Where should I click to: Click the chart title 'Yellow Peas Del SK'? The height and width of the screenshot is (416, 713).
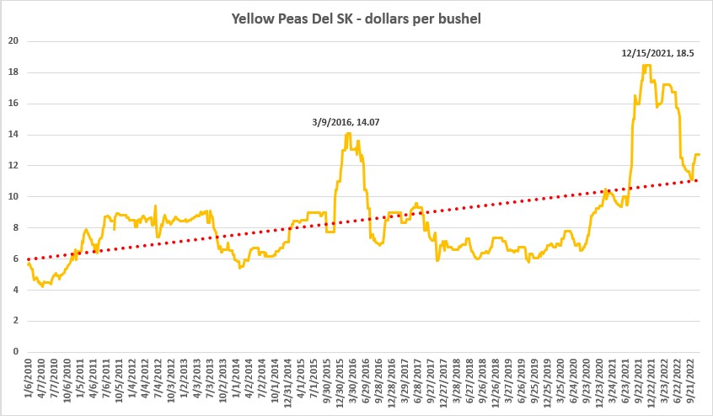pos(356,19)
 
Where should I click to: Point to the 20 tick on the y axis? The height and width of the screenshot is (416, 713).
pos(14,41)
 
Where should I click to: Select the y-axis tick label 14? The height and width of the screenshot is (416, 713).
pos(14,135)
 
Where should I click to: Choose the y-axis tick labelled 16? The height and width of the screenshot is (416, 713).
pos(14,104)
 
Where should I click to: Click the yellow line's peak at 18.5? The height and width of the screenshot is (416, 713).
pos(646,65)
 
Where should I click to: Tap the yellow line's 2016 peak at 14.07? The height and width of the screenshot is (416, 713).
pos(347,133)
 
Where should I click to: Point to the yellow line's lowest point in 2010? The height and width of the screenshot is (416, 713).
pos(42,286)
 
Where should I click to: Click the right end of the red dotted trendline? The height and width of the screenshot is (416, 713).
pos(698,179)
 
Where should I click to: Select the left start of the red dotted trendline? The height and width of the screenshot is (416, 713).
pos(29,259)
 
